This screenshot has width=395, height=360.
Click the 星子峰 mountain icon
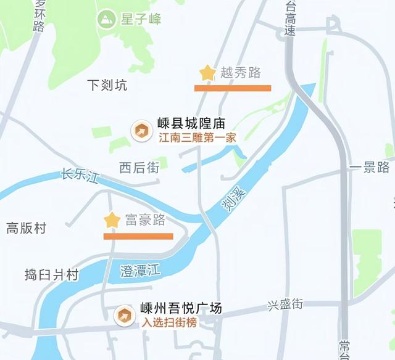point(107,18)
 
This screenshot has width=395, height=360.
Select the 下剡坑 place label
point(107,85)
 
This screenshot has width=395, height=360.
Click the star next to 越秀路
point(207,73)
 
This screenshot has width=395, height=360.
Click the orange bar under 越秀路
point(233,88)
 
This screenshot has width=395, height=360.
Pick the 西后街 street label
point(139,167)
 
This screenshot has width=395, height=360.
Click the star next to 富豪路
point(112,220)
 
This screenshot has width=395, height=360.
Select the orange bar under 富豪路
point(138,235)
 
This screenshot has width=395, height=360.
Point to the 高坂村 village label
point(27,228)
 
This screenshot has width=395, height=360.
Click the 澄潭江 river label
point(140,269)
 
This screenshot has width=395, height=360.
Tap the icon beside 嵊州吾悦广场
point(125,315)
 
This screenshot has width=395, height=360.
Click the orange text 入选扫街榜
point(170,322)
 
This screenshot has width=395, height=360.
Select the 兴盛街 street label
point(285,305)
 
